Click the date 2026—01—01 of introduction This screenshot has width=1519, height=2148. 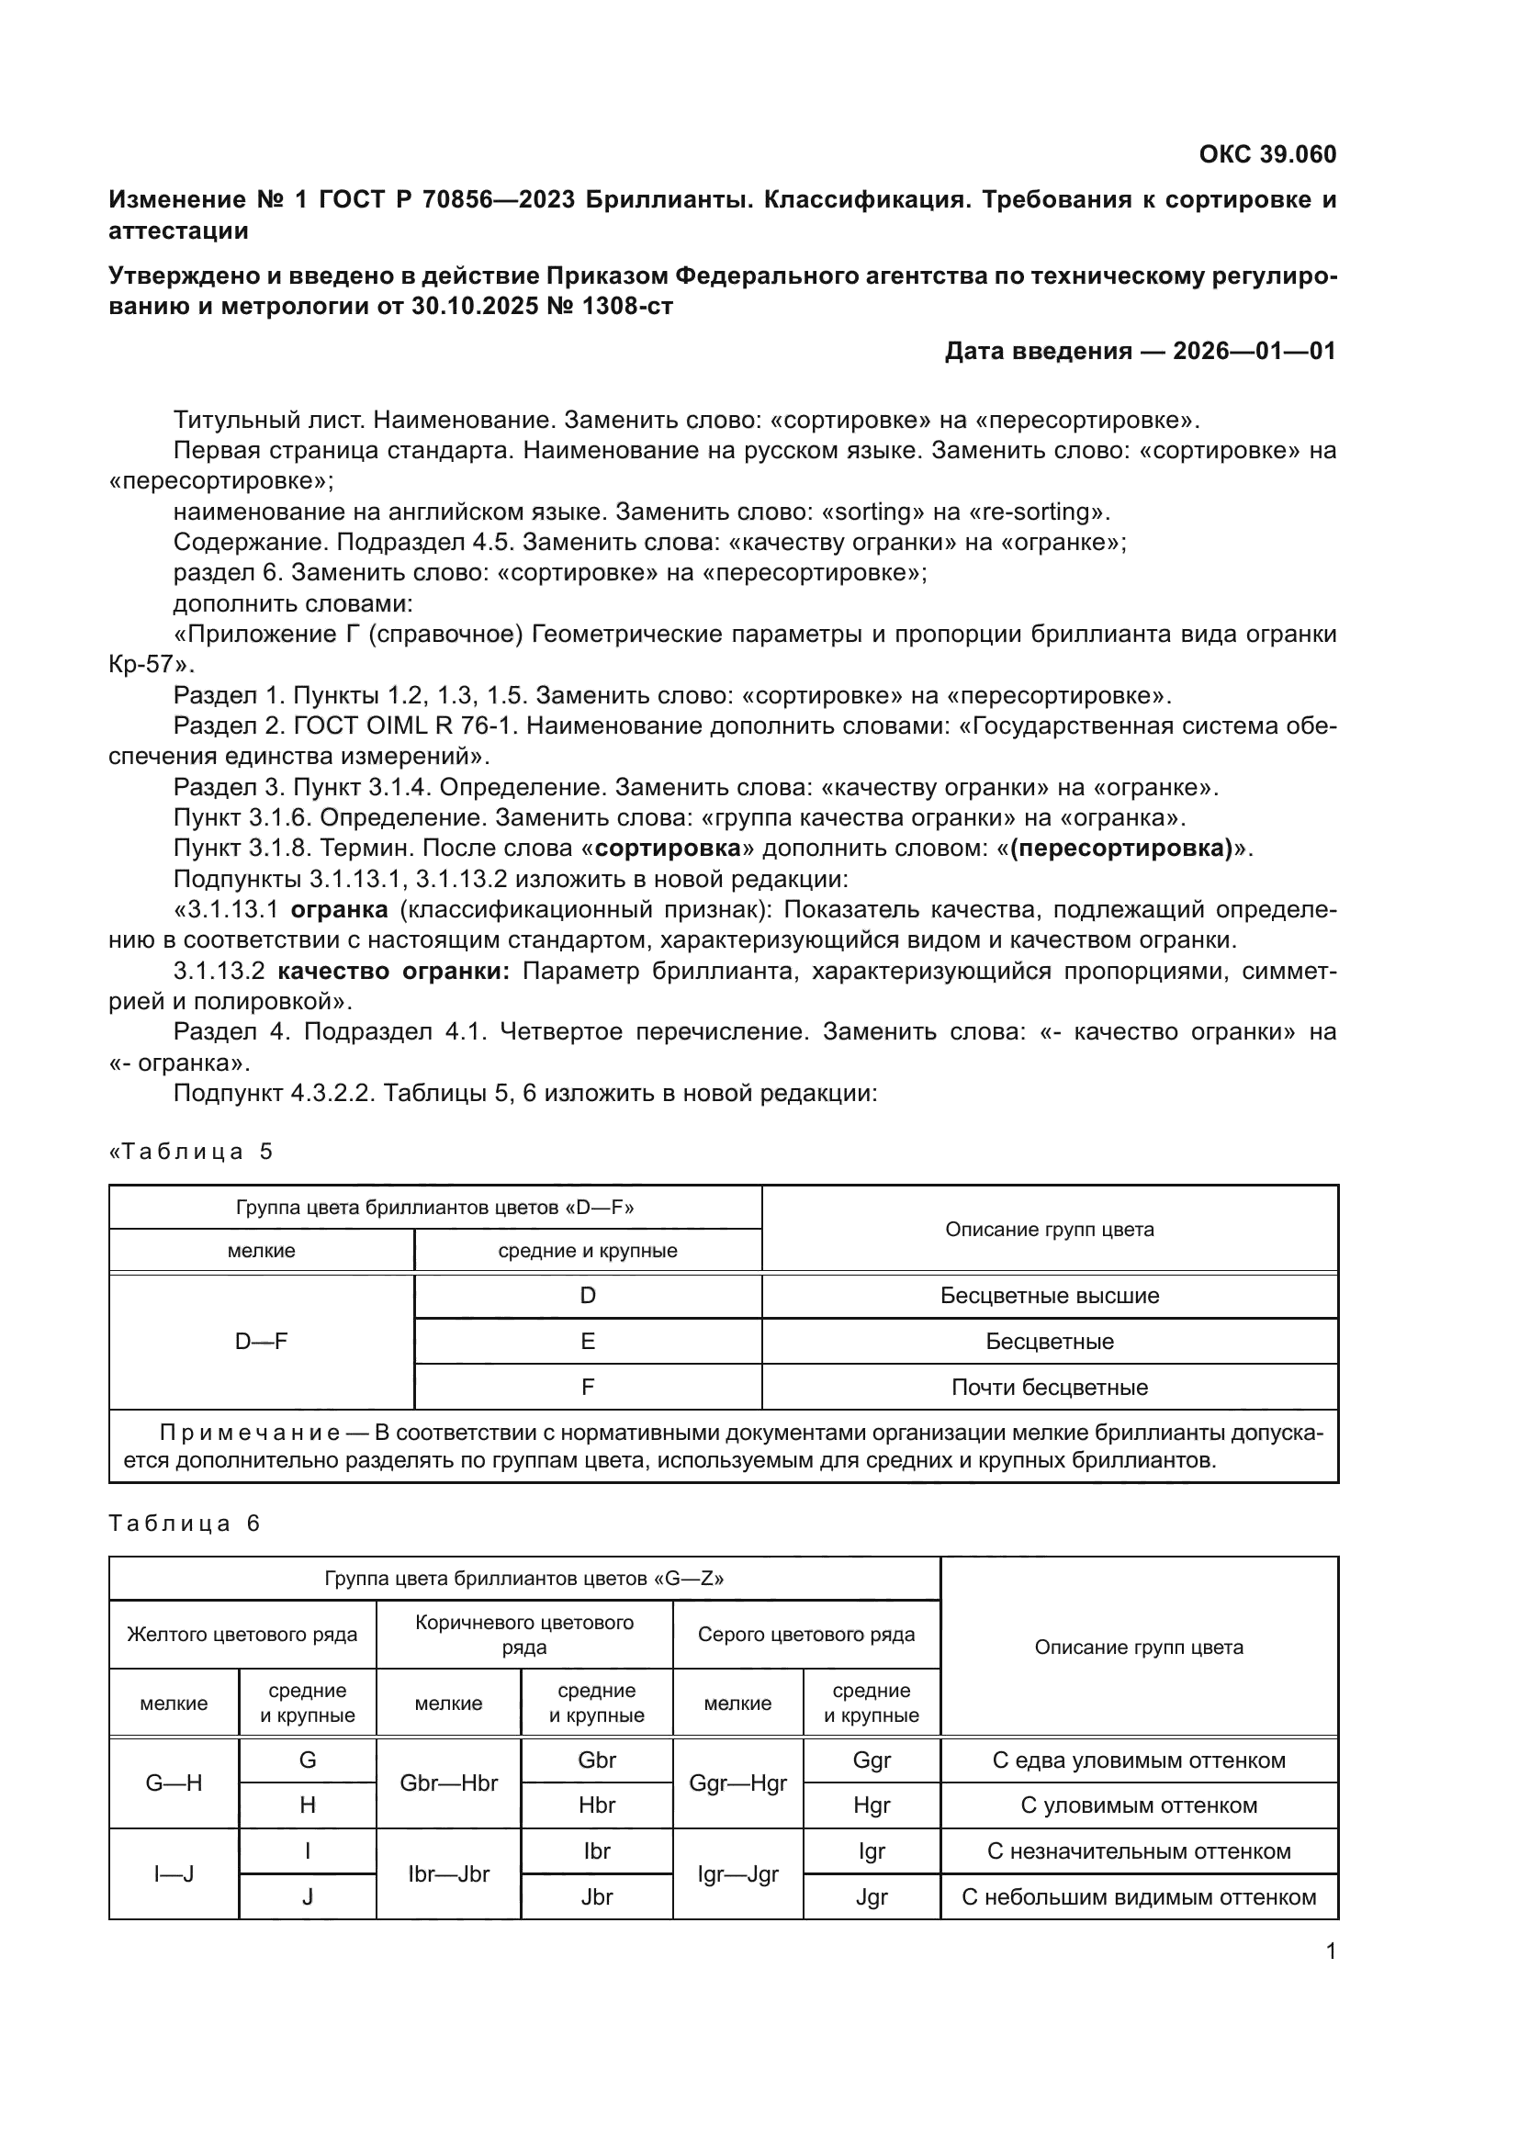[1255, 351]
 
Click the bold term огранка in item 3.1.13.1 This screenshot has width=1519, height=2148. [339, 909]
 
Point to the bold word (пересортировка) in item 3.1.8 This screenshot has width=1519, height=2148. [1121, 849]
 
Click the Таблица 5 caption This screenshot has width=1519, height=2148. [192, 1152]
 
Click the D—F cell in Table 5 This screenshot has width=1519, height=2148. [261, 1342]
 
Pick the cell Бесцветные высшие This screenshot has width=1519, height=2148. [1050, 1296]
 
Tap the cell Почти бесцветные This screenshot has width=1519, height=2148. [1050, 1388]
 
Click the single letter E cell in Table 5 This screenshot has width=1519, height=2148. [588, 1342]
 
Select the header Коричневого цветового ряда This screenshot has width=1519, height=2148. [523, 1635]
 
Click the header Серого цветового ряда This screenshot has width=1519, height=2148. [805, 1635]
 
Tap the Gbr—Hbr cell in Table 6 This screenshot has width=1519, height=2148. [448, 1783]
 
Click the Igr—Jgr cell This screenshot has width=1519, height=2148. [737, 1875]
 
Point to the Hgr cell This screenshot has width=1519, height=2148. [871, 1805]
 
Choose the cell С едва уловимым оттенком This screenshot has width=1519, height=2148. [1138, 1760]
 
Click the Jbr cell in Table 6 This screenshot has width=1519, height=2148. [597, 1897]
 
